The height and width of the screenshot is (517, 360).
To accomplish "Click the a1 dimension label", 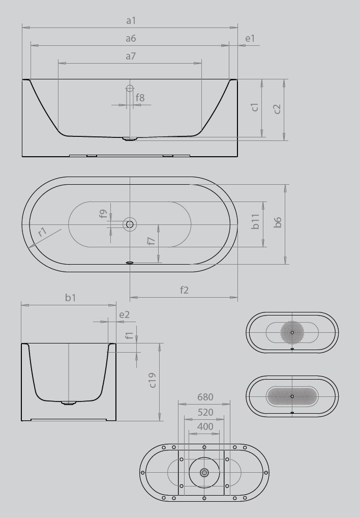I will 131,21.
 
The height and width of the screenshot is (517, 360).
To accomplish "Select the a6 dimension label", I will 131,39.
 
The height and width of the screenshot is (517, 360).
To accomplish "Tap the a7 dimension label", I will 131,56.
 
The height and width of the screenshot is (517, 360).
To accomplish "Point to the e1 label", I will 250,39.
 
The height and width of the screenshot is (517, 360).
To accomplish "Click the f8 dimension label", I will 140,97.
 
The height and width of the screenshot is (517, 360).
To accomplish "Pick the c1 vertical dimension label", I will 255,107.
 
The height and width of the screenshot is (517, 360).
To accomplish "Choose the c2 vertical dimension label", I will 277,109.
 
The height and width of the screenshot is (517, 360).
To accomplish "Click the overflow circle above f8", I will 130,88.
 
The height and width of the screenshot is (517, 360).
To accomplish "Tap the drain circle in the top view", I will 130,224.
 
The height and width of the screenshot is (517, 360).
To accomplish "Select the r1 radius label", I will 43,232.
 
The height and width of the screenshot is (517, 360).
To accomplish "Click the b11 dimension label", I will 256,221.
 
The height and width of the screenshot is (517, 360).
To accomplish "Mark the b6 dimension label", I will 278,222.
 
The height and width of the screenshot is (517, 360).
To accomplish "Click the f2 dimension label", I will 184,290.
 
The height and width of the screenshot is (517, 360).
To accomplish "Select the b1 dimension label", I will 70,298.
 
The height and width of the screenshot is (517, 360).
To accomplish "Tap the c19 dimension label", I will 152,380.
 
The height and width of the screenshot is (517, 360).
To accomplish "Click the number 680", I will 205,397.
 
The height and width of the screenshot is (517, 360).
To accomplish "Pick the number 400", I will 205,427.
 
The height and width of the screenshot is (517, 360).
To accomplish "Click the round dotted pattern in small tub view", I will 292,332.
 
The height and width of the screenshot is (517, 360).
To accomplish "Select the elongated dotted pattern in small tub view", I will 292,396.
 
